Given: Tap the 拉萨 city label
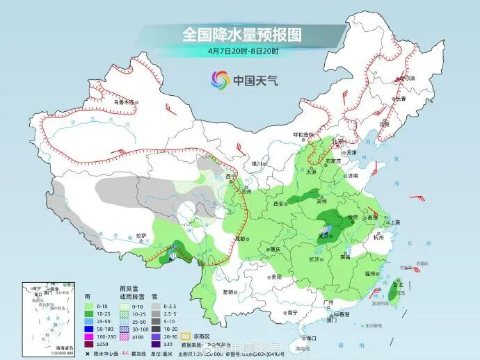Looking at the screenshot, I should [x=141, y=236].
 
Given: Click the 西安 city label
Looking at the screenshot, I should [x=280, y=204].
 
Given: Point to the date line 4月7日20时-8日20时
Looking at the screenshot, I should [x=243, y=51].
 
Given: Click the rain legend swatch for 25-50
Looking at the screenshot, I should [x=89, y=320].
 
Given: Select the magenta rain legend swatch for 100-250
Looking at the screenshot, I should [x=89, y=336].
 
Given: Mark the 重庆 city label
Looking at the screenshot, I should [x=276, y=249].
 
